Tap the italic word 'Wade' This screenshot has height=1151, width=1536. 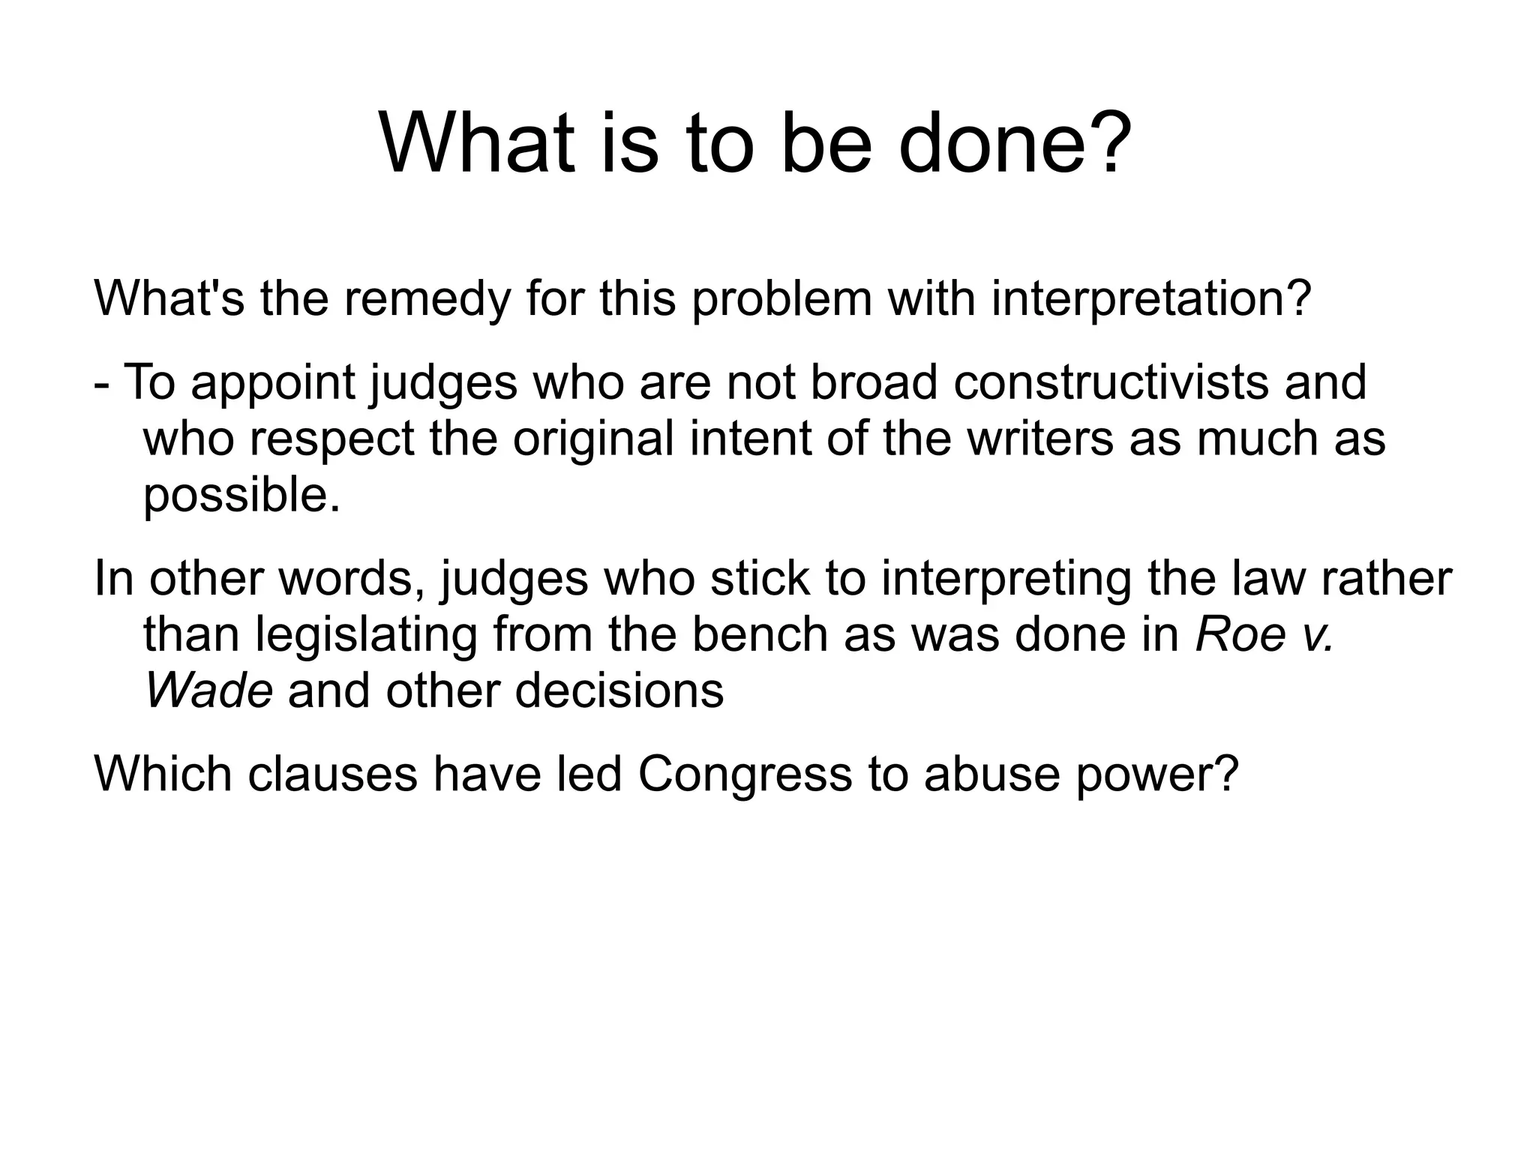point(208,690)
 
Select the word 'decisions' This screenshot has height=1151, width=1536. point(619,690)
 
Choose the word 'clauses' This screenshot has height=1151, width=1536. point(332,774)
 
